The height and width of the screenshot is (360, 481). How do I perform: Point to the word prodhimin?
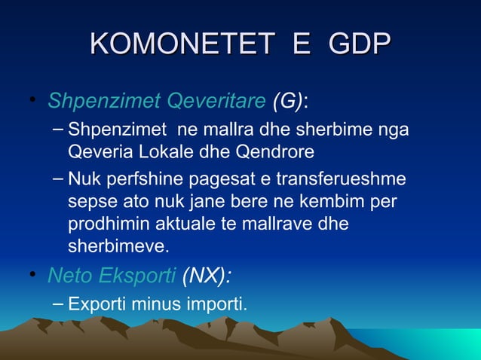tap(105, 225)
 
